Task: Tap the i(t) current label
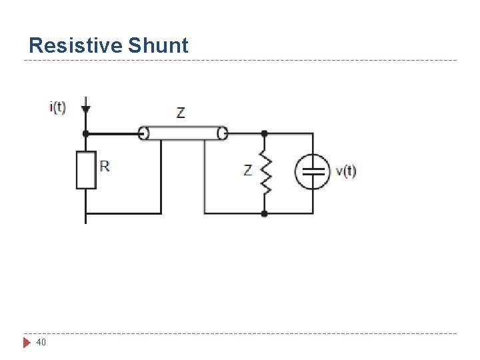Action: pos(58,107)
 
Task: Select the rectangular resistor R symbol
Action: pos(86,170)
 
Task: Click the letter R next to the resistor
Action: pos(105,165)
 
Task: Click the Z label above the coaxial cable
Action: pos(181,113)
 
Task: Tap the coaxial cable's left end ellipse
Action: pos(143,133)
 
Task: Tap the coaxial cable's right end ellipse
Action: pos(223,133)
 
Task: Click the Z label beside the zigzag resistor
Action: pos(248,171)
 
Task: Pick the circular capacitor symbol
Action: pos(313,171)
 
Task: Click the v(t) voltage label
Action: pos(346,171)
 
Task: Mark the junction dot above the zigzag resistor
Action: pos(265,133)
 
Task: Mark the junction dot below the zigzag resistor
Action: pos(265,213)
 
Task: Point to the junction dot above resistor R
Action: pos(85,133)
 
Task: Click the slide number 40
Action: pos(41,343)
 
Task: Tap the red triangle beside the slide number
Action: pos(27,343)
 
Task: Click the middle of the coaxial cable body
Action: pos(183,133)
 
